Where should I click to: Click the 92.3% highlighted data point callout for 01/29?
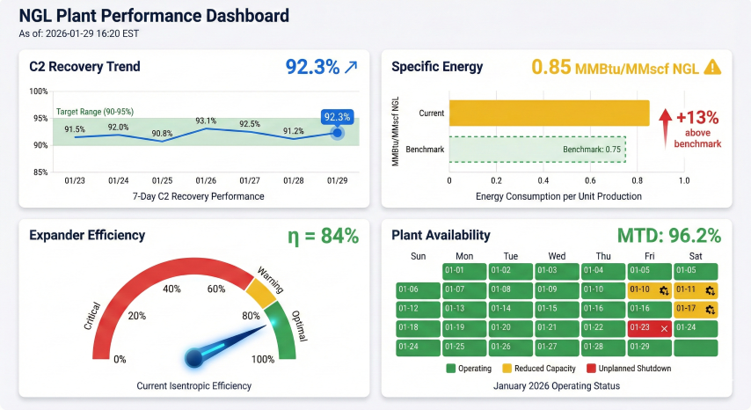pyautogui.click(x=337, y=116)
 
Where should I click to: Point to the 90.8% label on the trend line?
pyautogui.click(x=161, y=134)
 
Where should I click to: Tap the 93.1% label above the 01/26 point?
pyautogui.click(x=206, y=121)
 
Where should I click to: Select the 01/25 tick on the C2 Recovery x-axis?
pyautogui.click(x=162, y=180)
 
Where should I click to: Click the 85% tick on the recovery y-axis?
pyautogui.click(x=39, y=172)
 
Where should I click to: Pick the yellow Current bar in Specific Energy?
pyautogui.click(x=549, y=113)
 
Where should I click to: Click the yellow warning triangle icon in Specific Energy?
pyautogui.click(x=712, y=67)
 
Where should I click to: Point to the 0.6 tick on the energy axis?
pyautogui.click(x=590, y=180)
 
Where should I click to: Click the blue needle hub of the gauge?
pyautogui.click(x=195, y=357)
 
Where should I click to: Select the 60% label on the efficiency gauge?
pyautogui.click(x=215, y=289)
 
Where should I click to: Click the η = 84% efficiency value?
pyautogui.click(x=323, y=236)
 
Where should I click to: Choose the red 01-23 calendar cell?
pyautogui.click(x=650, y=327)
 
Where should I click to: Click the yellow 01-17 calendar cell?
pyautogui.click(x=696, y=308)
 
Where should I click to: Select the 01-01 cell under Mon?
pyautogui.click(x=465, y=270)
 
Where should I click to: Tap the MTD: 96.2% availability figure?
pyautogui.click(x=669, y=236)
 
